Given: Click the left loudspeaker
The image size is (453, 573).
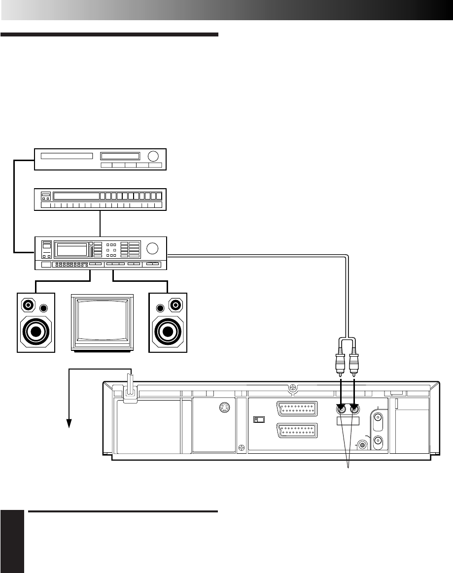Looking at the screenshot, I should tap(36, 322).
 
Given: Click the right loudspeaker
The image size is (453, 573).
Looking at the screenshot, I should tap(168, 322).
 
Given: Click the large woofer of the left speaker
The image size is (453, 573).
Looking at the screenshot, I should tap(35, 332).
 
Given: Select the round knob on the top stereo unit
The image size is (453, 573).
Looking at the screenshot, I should tap(154, 156).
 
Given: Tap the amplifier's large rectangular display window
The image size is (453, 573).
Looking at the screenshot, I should tap(72, 249).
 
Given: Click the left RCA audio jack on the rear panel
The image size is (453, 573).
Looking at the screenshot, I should tap(340, 408).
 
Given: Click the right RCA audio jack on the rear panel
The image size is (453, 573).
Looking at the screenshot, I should tap(354, 408).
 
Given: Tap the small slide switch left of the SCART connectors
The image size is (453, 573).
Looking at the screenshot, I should tap(257, 419).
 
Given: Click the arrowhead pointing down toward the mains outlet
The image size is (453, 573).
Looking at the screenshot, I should tap(70, 423).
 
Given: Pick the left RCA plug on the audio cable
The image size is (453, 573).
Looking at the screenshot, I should tap(340, 364).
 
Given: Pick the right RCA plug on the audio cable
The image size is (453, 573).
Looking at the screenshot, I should tap(354, 364).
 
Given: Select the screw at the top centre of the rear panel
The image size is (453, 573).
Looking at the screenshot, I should tap(293, 388).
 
